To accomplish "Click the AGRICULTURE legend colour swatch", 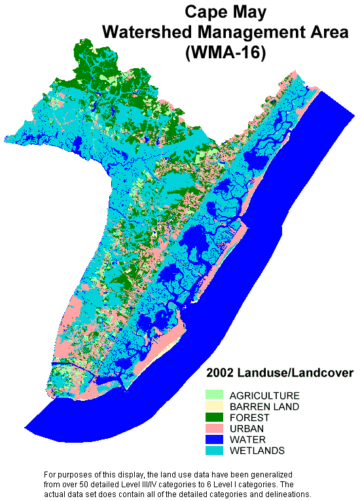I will (214, 396).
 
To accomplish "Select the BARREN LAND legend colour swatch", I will (214, 407).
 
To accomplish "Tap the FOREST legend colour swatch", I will (214, 418).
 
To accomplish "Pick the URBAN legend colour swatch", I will (214, 429).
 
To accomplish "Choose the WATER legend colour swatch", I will (214, 440).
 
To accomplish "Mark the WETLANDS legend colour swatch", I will (214, 451).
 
